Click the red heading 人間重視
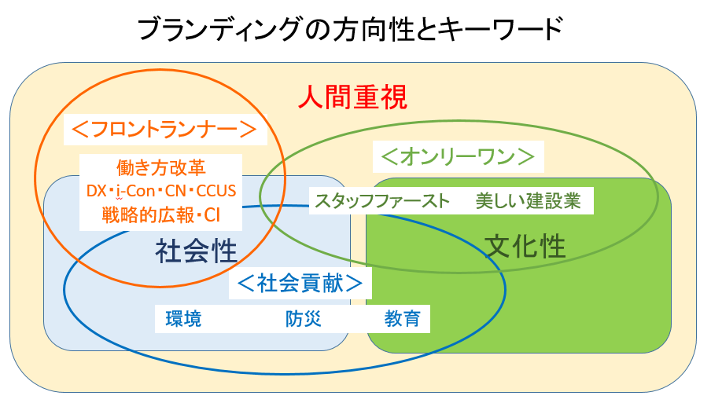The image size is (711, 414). pyautogui.click(x=353, y=98)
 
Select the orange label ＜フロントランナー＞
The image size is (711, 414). pyautogui.click(x=164, y=130)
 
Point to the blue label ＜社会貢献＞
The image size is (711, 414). pyautogui.click(x=300, y=283)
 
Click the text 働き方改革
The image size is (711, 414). pyautogui.click(x=160, y=167)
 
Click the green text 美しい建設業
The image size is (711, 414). pyautogui.click(x=528, y=200)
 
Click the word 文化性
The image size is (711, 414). pyautogui.click(x=525, y=246)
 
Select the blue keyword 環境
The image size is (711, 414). pyautogui.click(x=183, y=319)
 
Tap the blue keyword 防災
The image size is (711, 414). pyautogui.click(x=304, y=319)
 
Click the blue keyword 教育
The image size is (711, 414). pyautogui.click(x=402, y=319)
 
